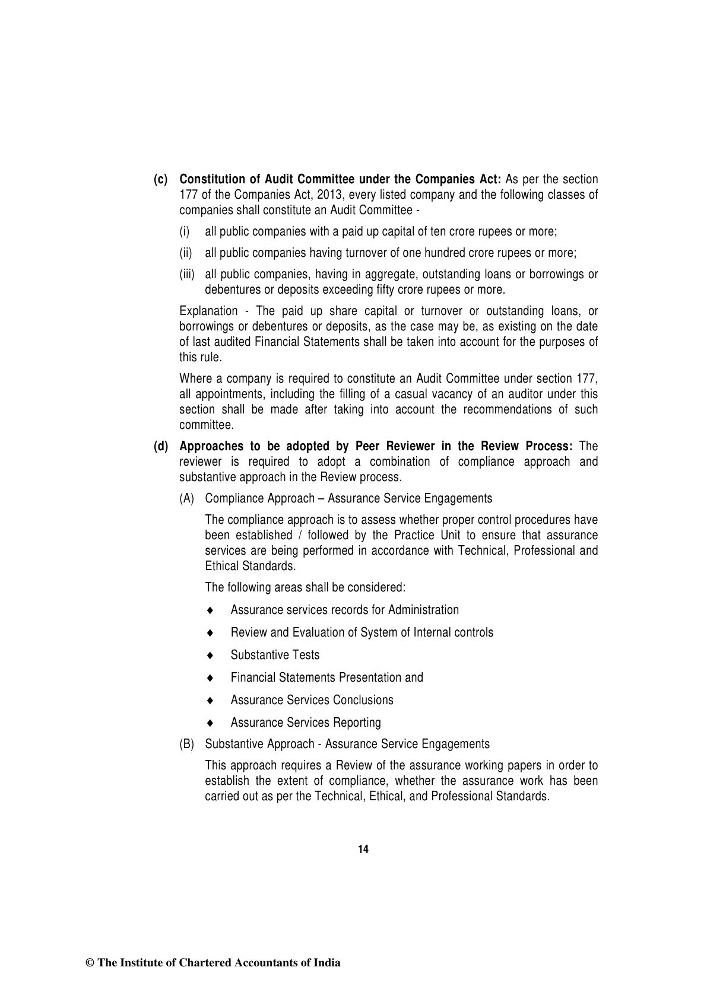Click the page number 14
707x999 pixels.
click(363, 850)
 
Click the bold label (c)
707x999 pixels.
click(161, 179)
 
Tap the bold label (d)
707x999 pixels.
click(161, 446)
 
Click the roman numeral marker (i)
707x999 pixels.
click(185, 231)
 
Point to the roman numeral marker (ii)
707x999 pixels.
click(186, 253)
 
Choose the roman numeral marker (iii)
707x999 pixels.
click(187, 274)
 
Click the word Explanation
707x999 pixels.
click(208, 311)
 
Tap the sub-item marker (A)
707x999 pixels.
click(187, 498)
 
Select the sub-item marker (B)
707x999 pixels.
click(187, 744)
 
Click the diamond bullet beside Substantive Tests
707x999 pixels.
click(210, 656)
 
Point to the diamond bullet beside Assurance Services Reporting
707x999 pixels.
click(210, 723)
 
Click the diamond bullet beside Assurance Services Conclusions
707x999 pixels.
click(210, 701)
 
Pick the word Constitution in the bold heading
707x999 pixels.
click(212, 179)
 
